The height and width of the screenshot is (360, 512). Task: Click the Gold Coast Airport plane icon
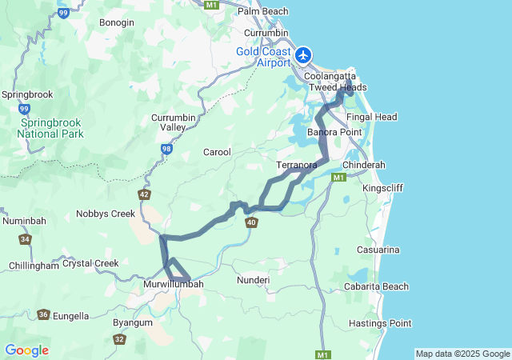click(304, 56)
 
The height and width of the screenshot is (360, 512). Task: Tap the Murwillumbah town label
click(173, 284)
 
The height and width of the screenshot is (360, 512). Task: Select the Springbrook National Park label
click(50, 128)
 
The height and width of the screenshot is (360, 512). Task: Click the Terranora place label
click(296, 166)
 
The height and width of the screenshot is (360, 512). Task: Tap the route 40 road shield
click(252, 222)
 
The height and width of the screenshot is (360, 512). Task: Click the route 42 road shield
click(144, 194)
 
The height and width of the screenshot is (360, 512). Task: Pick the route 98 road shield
click(166, 149)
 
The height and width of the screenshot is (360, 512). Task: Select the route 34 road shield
click(26, 239)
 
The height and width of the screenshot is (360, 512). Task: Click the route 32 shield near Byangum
click(119, 339)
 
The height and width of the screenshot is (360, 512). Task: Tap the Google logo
click(26, 350)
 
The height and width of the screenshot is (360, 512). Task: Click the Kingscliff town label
click(384, 188)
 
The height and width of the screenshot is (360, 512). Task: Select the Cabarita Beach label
click(376, 286)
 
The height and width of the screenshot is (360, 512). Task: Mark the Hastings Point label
click(380, 323)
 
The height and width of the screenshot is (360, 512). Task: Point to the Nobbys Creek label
click(106, 214)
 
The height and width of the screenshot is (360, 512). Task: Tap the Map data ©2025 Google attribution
click(462, 354)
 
